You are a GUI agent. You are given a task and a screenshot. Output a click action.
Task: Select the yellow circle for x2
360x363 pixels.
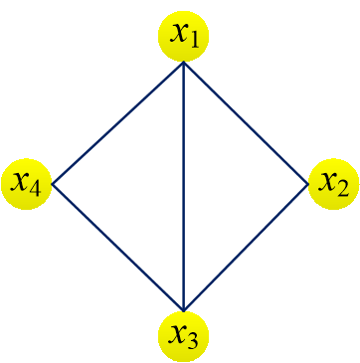pyautogui.click(x=333, y=184)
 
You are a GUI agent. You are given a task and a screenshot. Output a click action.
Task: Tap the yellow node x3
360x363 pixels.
pyautogui.click(x=184, y=335)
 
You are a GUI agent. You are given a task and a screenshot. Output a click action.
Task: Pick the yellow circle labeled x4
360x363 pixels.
pyautogui.click(x=27, y=184)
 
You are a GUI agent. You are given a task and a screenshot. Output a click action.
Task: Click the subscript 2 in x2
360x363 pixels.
pyautogui.click(x=343, y=189)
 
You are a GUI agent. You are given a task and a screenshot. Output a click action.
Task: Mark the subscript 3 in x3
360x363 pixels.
pyautogui.click(x=194, y=341)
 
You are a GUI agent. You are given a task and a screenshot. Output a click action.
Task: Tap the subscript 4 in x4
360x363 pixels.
pyautogui.click(x=36, y=189)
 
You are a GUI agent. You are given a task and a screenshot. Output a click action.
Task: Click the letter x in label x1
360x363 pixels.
pyautogui.click(x=178, y=34)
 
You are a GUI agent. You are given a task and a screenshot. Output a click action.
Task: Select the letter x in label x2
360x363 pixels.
pyautogui.click(x=326, y=182)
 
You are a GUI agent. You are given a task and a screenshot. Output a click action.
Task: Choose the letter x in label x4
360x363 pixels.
pyautogui.click(x=20, y=182)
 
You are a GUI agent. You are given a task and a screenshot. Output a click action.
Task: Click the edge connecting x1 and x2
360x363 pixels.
pyautogui.click(x=247, y=123)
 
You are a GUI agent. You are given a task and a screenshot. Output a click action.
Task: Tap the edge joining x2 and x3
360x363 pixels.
pyautogui.click(x=247, y=248)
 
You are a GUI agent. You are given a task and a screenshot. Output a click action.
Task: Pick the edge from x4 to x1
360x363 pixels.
pyautogui.click(x=117, y=123)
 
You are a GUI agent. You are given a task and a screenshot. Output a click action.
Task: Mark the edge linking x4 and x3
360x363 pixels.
pyautogui.click(x=117, y=248)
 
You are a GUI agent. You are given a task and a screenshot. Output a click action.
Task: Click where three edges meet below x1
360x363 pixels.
pyautogui.click(x=184, y=63)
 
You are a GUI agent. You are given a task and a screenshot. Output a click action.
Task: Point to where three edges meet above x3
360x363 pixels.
pyautogui.click(x=184, y=308)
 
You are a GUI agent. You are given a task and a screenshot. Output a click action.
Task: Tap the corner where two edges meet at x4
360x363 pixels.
pyautogui.click(x=53, y=185)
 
